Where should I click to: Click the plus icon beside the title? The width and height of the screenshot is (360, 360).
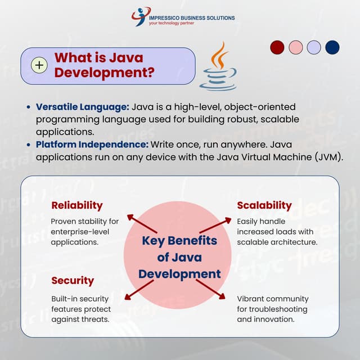pos(39,66)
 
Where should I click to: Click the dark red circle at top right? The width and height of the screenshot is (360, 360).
pos(277,47)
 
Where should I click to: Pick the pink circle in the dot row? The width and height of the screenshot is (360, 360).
pos(296,47)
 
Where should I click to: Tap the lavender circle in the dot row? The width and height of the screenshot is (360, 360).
pos(314,47)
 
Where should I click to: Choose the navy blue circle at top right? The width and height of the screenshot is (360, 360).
pos(332,47)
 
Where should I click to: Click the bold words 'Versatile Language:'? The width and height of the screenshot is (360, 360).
pos(83,106)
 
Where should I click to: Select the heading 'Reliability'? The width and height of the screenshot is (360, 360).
pos(77,205)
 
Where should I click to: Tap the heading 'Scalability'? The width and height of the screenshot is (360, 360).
pos(264,205)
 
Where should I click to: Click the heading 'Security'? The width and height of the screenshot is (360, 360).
pos(73,280)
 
